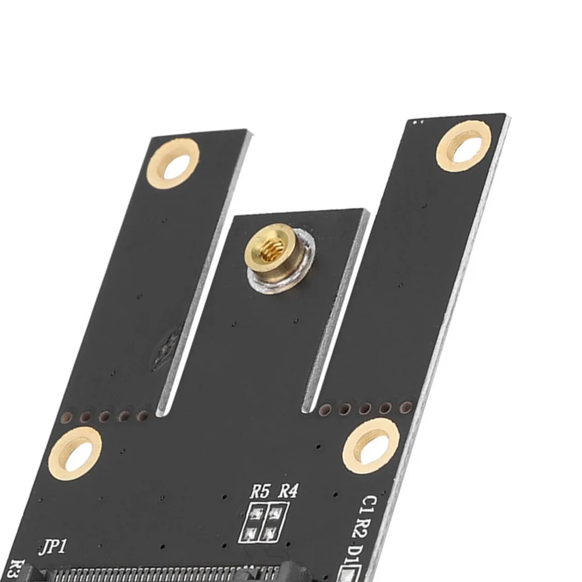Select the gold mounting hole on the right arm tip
(x=464, y=148)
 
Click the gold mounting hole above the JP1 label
(x=75, y=454)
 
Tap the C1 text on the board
(x=370, y=505)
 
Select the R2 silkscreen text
(x=364, y=528)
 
